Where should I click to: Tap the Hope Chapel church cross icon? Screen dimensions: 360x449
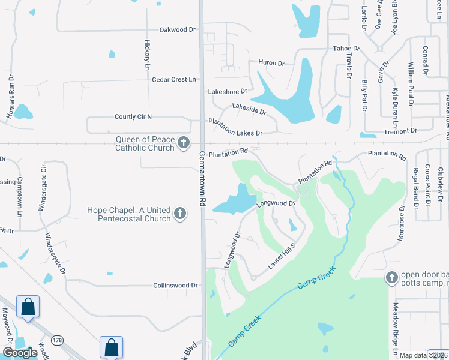tap(179, 213)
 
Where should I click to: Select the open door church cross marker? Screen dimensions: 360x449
tap(391, 277)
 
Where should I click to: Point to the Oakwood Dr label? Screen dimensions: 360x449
tap(178, 29)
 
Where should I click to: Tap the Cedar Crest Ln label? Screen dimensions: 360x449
tap(174, 79)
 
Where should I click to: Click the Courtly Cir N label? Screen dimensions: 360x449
tap(133, 116)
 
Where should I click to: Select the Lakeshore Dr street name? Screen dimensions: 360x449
tap(228, 92)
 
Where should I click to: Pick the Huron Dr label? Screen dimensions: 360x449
tap(271, 62)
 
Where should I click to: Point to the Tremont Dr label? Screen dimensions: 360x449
tap(400, 130)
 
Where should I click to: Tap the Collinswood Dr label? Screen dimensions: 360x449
tap(175, 286)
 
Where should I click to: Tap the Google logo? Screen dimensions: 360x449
tap(20, 353)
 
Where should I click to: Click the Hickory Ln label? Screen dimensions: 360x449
tap(147, 55)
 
